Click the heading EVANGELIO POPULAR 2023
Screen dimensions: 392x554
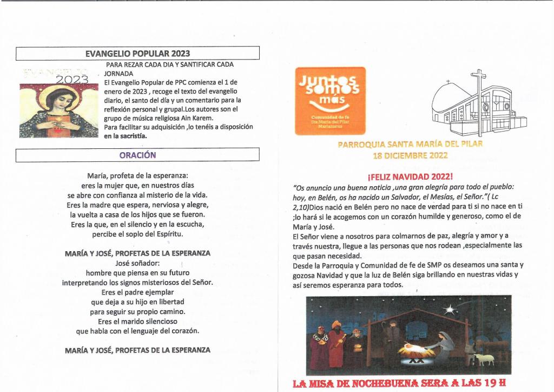tap(137, 54)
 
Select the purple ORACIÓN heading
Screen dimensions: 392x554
tap(137, 155)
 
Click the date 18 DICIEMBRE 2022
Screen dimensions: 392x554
tap(410, 155)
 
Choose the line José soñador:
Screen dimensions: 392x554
tap(137, 263)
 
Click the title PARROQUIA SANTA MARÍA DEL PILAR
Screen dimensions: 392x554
tap(410, 145)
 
